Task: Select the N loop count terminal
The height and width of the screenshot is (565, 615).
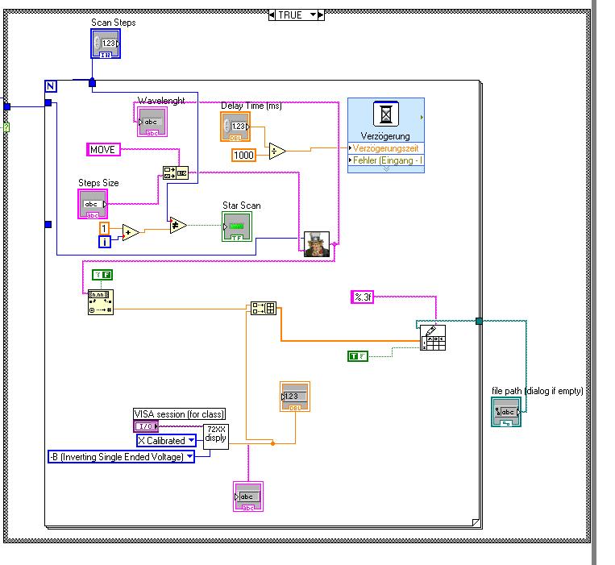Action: (x=51, y=86)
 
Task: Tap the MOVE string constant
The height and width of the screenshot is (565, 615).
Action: (x=104, y=149)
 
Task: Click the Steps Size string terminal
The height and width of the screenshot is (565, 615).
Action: (x=93, y=204)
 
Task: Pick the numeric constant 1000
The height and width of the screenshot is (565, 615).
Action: (x=243, y=155)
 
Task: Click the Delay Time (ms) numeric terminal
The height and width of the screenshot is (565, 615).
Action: (x=235, y=127)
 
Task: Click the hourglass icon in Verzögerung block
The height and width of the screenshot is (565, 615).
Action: (x=385, y=114)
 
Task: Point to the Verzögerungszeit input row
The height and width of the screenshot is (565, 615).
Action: (x=386, y=148)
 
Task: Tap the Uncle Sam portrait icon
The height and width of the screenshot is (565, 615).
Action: (x=316, y=243)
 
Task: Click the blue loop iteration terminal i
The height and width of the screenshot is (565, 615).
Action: (x=104, y=241)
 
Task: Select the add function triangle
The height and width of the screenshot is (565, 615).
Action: (x=130, y=232)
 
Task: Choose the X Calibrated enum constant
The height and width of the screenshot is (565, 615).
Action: (x=166, y=440)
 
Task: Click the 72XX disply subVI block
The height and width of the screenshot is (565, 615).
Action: (x=215, y=434)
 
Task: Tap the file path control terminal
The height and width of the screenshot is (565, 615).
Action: (x=506, y=411)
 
